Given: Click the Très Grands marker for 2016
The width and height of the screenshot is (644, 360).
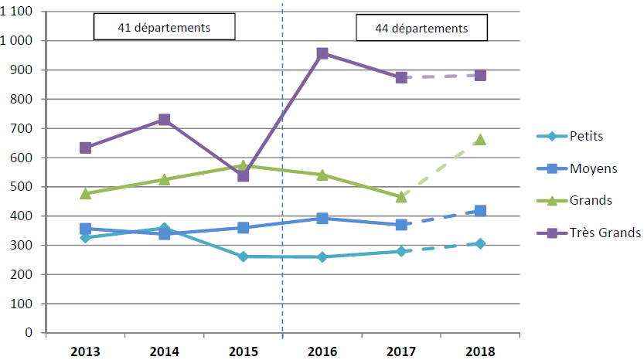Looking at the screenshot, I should (x=322, y=54).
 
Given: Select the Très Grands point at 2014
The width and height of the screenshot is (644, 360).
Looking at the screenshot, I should (x=165, y=120).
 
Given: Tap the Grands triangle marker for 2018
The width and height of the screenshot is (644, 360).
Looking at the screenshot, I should (x=480, y=140).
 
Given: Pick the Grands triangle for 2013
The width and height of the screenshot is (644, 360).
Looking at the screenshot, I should (x=86, y=193).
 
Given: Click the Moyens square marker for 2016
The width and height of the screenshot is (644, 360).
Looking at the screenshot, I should (x=322, y=219).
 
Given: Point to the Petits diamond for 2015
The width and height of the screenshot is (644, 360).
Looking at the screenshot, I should (x=244, y=256).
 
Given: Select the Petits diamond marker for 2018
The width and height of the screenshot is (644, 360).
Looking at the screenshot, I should (x=480, y=243).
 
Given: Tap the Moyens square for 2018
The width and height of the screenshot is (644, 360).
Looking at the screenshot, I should (x=480, y=211).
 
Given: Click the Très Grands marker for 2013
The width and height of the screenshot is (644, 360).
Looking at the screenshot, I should (x=86, y=148).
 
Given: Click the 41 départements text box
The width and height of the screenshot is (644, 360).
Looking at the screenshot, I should (x=164, y=28).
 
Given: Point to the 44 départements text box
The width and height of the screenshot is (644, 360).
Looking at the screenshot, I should (x=421, y=29).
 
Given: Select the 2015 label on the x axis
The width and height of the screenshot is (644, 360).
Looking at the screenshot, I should (x=244, y=352).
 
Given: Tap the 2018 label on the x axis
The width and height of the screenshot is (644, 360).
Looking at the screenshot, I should (x=480, y=352).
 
